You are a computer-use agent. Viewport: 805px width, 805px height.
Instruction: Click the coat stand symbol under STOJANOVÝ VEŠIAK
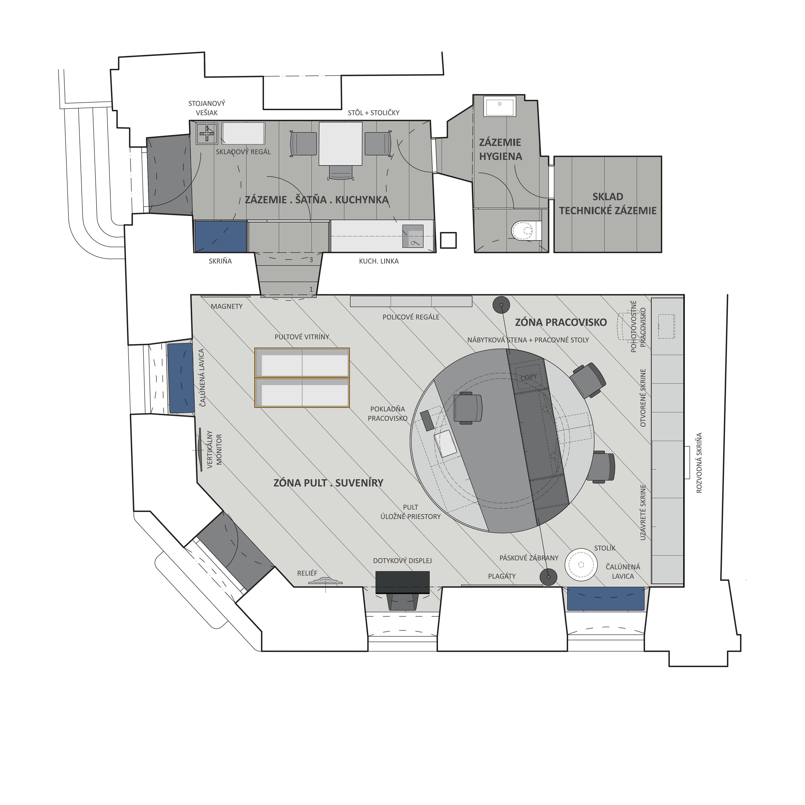(207, 133)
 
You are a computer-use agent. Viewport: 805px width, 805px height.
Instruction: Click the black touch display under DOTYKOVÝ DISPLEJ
(402, 582)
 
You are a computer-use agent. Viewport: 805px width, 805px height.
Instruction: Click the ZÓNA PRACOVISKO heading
(561, 322)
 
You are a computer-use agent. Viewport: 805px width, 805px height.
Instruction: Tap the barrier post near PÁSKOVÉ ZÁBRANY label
(548, 578)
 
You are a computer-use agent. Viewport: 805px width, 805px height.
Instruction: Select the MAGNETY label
(226, 307)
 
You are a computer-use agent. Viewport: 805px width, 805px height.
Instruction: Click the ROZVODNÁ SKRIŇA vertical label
(699, 463)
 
